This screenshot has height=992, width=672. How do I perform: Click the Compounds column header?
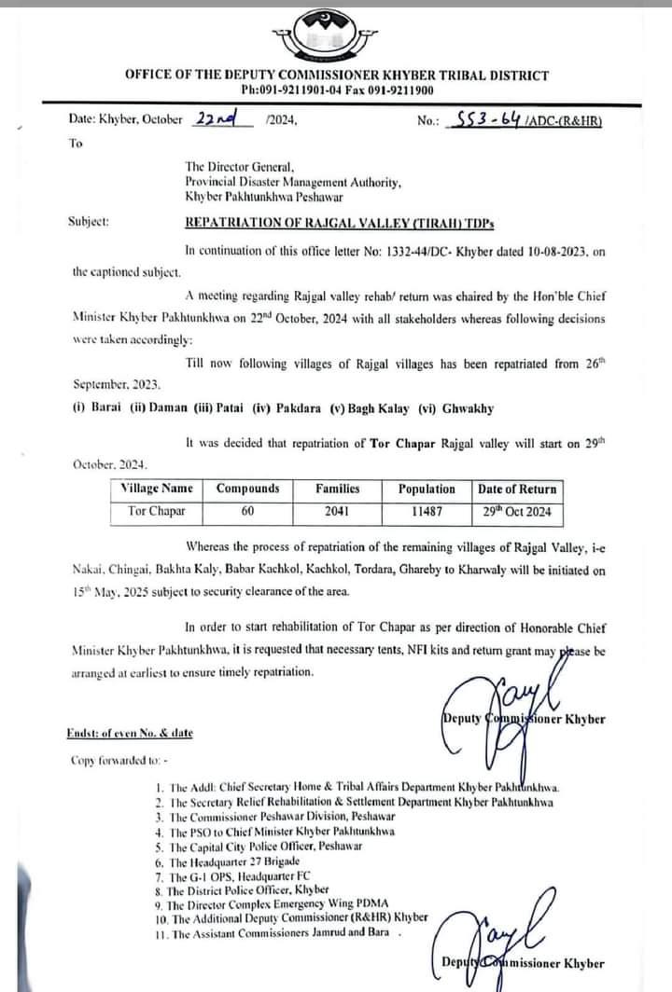(x=247, y=489)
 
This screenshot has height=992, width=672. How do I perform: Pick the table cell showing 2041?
(x=337, y=511)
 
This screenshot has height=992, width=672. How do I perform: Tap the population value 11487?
(x=427, y=511)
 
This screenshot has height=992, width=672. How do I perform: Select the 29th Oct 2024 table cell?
(x=516, y=511)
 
